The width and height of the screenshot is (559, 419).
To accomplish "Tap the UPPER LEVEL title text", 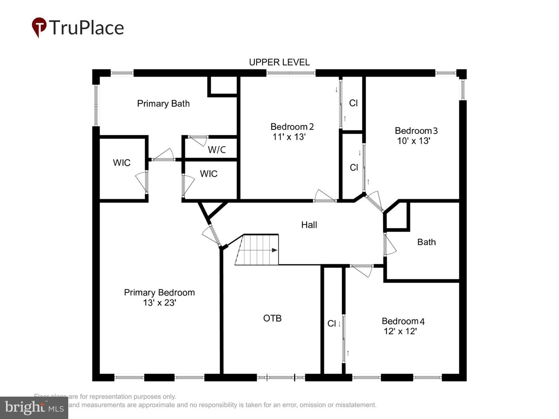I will point(279,62).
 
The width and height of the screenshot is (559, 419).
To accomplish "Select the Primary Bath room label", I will point(163,104).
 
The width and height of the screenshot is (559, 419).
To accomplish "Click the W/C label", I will point(217,150).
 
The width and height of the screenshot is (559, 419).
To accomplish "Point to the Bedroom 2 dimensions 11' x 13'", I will point(289,137).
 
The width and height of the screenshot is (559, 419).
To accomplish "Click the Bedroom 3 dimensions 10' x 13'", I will point(413,141).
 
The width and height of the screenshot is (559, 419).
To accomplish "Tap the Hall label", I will point(309,225).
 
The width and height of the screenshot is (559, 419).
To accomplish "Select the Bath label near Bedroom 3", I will point(426,242).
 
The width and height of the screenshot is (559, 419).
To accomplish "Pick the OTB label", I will point(272,318).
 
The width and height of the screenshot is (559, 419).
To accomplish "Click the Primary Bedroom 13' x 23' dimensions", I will point(159,303).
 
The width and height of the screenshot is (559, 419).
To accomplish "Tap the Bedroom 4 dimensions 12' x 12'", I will point(400,331).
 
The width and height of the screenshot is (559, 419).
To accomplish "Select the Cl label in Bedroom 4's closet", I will point(332,324).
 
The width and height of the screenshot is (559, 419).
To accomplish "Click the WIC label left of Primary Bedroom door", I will point(122,163).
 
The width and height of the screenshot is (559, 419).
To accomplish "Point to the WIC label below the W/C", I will point(208,174).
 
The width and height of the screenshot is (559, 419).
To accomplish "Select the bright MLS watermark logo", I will point(34,407).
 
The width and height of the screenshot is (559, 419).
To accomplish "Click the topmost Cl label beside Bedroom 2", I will point(353,103).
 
